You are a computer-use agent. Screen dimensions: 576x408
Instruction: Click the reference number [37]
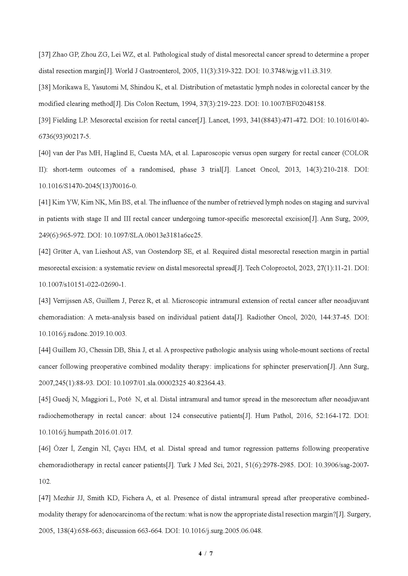tap(44, 55)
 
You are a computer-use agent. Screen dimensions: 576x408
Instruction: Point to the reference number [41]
tap(44, 202)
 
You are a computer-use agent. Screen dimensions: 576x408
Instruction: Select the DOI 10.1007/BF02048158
tap(294, 104)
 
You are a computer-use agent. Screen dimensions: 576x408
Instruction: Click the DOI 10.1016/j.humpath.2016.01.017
tap(85, 432)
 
